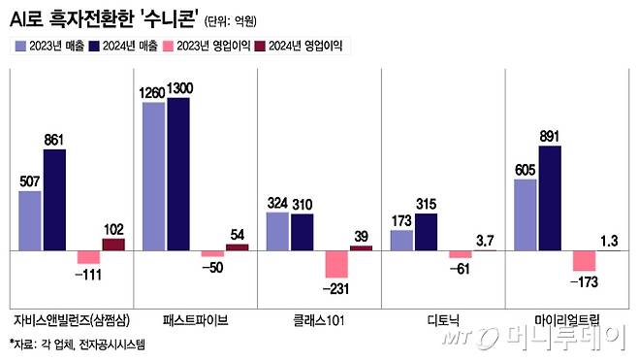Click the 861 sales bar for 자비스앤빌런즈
click(x=54, y=200)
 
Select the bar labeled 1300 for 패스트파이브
click(x=178, y=175)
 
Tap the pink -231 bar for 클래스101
click(x=335, y=264)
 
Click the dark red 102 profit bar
click(x=113, y=245)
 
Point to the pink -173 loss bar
click(x=584, y=261)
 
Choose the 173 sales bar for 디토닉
click(x=401, y=241)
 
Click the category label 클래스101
click(x=318, y=318)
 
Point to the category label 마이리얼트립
click(x=566, y=318)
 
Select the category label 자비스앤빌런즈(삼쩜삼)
click(x=70, y=318)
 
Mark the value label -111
click(x=89, y=276)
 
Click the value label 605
click(x=526, y=170)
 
